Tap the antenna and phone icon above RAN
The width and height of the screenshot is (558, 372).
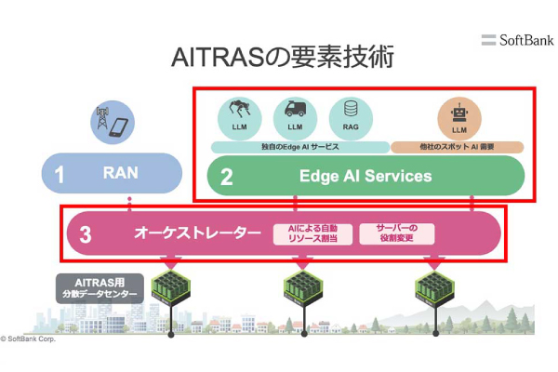[x=110, y=124]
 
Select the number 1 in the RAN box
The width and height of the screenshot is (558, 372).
[x=60, y=175]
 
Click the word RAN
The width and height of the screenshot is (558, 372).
[x=120, y=173]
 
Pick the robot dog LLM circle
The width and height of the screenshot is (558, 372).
[x=238, y=117]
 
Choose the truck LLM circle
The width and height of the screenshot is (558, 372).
[x=295, y=117]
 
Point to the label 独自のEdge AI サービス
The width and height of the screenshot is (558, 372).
[x=299, y=147]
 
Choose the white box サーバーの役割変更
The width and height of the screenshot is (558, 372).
[x=397, y=233]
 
